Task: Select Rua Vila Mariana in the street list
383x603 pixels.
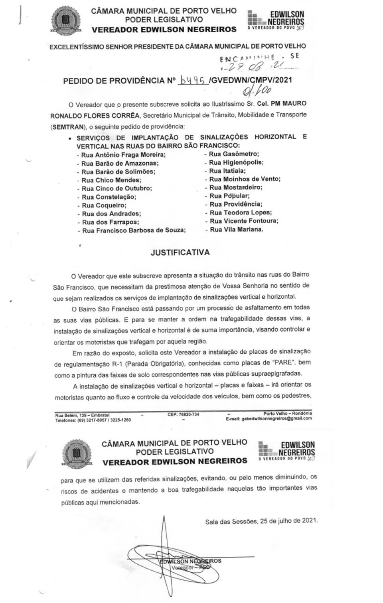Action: (x=237, y=230)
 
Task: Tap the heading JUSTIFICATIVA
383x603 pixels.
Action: (x=180, y=252)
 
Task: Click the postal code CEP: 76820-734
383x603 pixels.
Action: (x=183, y=415)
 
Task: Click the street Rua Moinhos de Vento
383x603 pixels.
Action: (x=245, y=179)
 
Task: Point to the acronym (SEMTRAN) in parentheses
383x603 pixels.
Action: (x=68, y=127)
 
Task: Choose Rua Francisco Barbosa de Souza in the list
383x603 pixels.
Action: (x=134, y=231)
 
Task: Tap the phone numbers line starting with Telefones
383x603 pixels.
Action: (x=93, y=420)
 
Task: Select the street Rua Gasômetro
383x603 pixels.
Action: (x=234, y=154)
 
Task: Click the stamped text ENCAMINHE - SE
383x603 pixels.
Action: (x=259, y=57)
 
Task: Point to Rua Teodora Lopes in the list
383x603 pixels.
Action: (x=241, y=213)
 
